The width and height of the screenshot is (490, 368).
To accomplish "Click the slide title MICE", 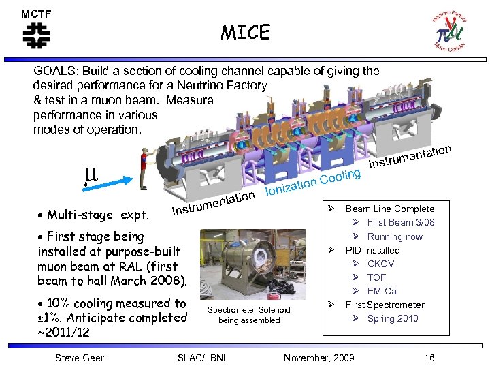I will [x=245, y=32].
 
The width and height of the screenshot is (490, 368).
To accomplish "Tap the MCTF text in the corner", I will [x=36, y=14].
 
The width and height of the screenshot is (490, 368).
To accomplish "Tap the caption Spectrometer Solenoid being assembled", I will [x=248, y=315].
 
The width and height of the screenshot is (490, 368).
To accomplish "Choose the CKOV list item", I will [x=380, y=264].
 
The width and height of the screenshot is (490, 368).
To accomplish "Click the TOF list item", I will [x=376, y=277].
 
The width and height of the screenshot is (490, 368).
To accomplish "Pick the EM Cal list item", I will [x=382, y=291].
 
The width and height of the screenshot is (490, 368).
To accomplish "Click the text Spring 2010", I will [x=393, y=318].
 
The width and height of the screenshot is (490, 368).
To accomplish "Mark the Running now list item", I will [x=395, y=236].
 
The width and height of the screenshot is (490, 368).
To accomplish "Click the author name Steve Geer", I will [x=80, y=358].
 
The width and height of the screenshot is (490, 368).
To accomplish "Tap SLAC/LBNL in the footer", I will [x=202, y=358].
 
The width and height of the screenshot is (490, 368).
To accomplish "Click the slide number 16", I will [x=429, y=358].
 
